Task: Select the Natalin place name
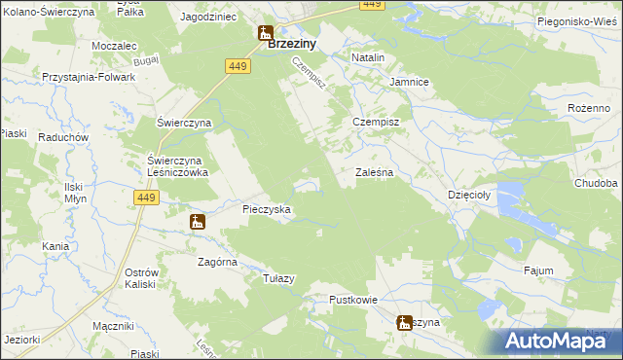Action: tap(368, 58)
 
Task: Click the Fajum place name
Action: tap(538, 270)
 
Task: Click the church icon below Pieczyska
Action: tap(198, 223)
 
